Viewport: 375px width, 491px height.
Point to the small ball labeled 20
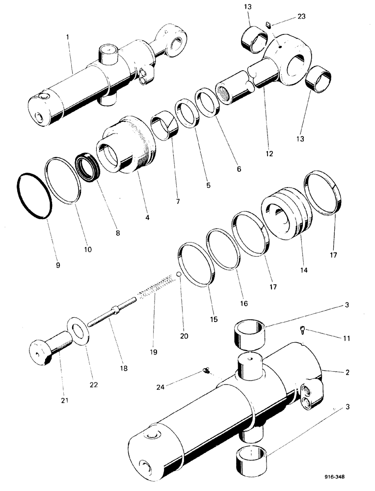[180, 275]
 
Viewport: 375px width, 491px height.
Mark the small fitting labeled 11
[302, 330]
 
